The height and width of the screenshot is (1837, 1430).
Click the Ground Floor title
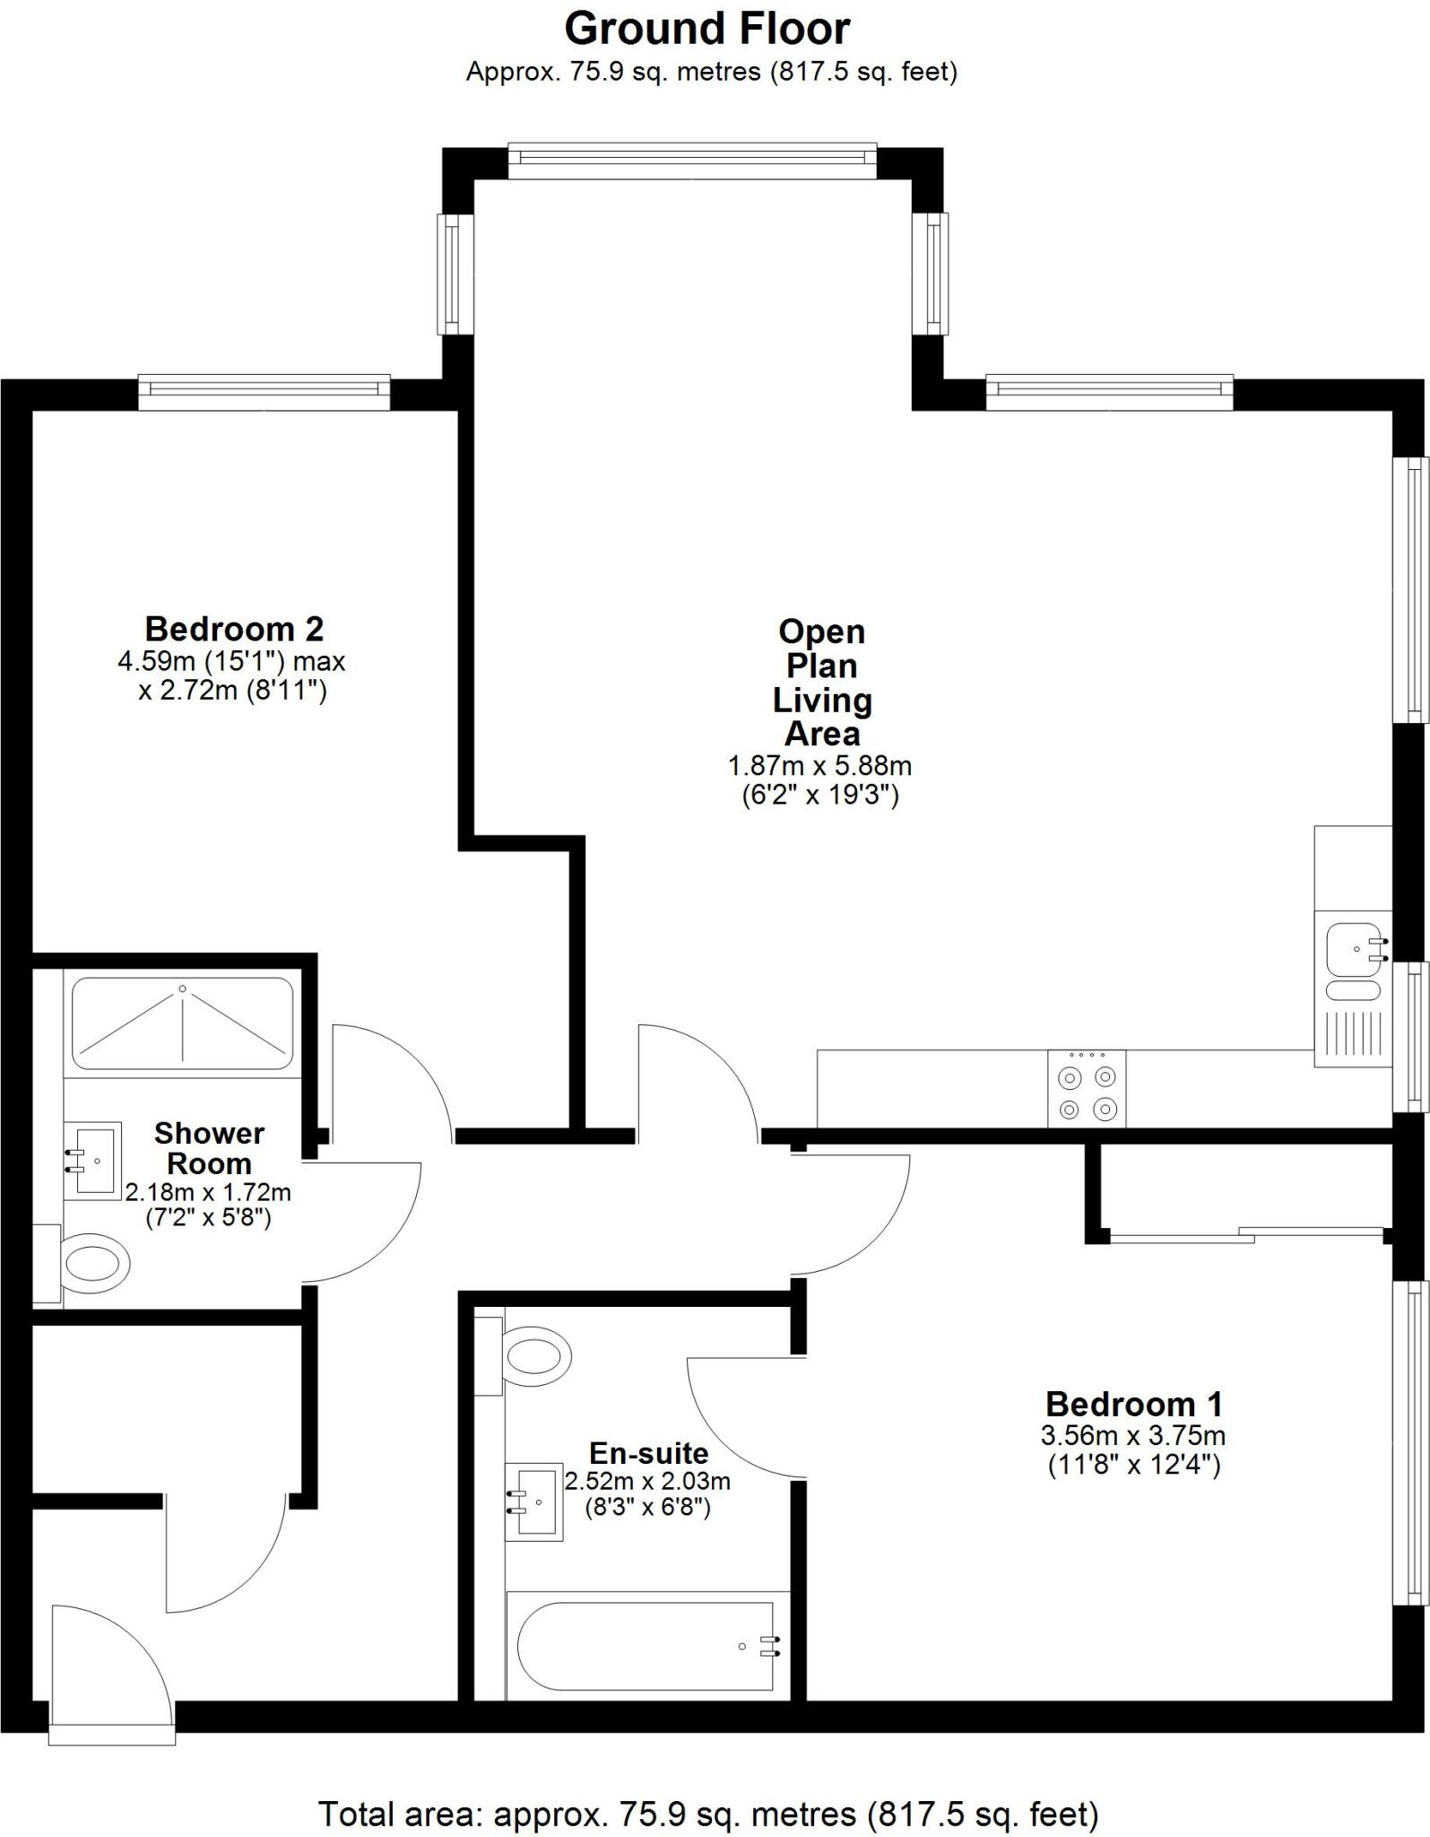click(706, 30)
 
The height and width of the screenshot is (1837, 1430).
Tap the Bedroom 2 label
click(234, 629)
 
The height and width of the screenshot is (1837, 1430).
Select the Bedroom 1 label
click(1133, 1404)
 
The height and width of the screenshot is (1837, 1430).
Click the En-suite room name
click(648, 1453)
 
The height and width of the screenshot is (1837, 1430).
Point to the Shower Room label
click(209, 1148)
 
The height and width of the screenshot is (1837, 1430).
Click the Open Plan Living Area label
click(821, 683)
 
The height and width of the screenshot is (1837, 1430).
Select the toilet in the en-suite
click(536, 1354)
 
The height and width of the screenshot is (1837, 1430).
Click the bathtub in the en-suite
click(646, 1646)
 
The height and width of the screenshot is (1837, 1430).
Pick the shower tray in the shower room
click(182, 1023)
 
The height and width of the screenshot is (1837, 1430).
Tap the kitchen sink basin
click(1355, 949)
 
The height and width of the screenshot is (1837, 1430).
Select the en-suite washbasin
click(534, 1502)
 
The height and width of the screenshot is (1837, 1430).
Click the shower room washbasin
click(93, 1160)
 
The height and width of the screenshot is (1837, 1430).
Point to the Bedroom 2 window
click(264, 391)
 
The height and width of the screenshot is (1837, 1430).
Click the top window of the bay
click(692, 159)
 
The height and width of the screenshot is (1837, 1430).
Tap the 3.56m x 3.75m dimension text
click(1133, 1436)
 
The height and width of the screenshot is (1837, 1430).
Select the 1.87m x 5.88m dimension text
click(819, 766)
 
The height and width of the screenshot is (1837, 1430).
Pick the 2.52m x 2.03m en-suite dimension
click(647, 1481)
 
